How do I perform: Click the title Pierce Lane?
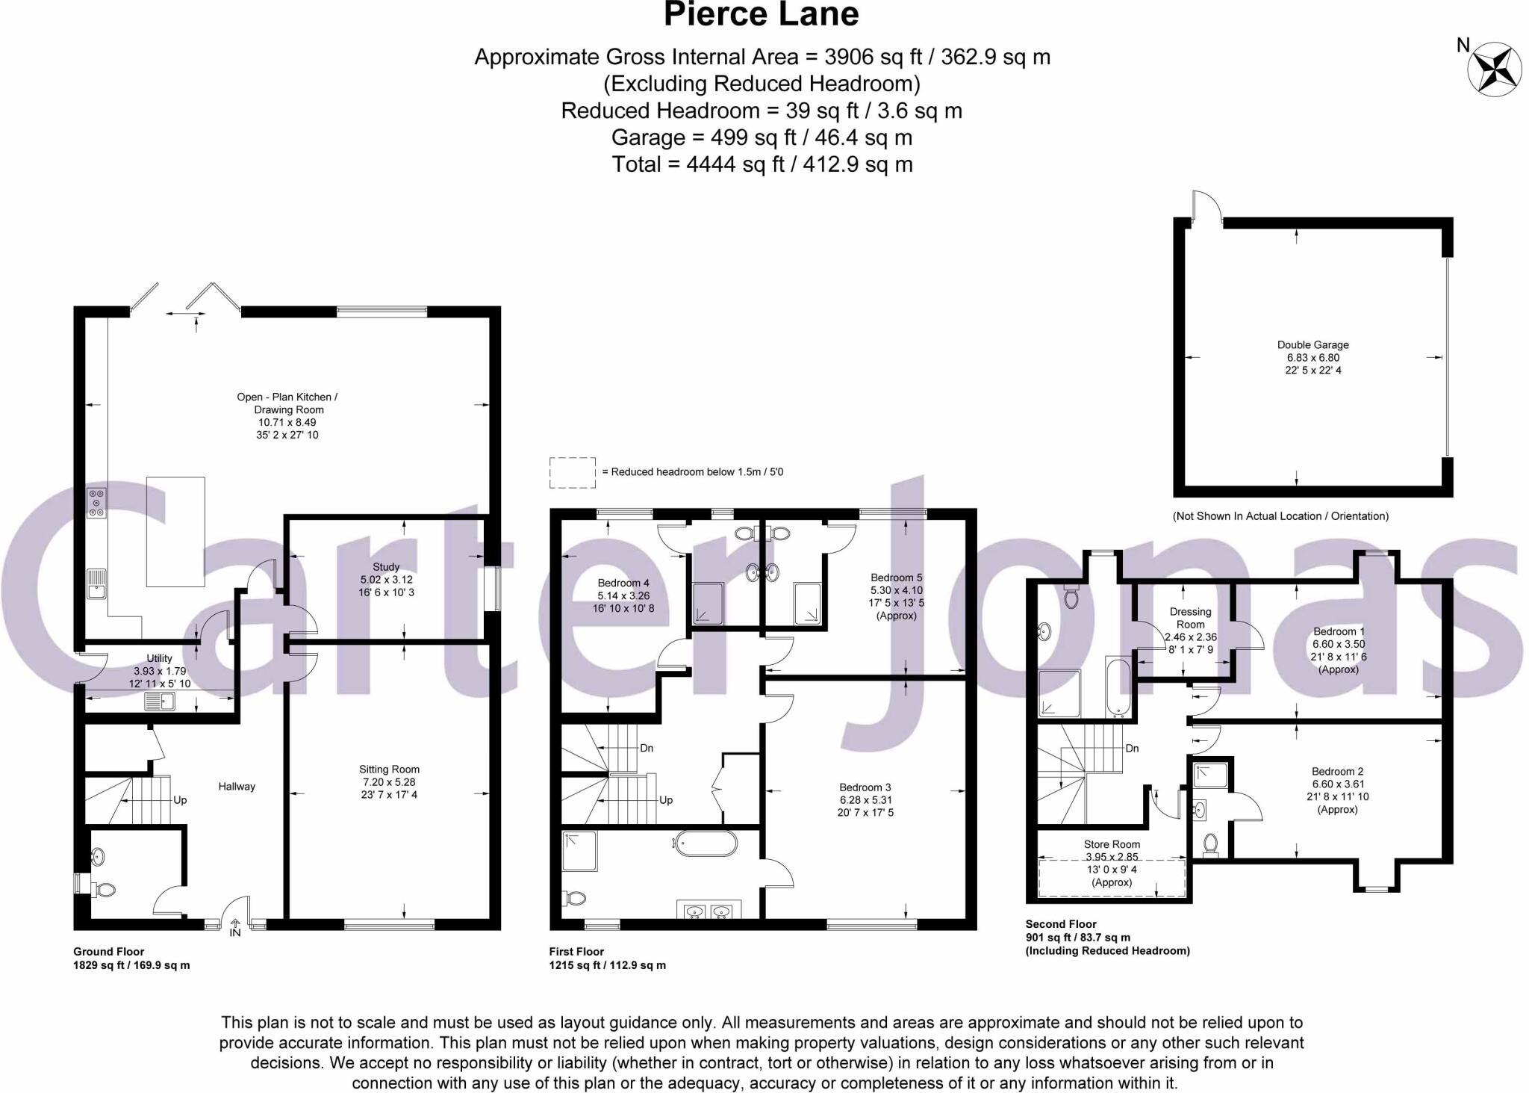tap(761, 14)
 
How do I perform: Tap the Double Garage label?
tap(1312, 345)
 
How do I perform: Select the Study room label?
tap(386, 567)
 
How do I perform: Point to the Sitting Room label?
tap(389, 770)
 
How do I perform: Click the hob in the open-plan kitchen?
tap(97, 503)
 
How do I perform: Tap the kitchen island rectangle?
tap(175, 531)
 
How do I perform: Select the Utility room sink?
tap(159, 702)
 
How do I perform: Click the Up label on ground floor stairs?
tap(180, 800)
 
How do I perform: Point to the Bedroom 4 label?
tap(623, 583)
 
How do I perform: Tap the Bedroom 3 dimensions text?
tap(865, 806)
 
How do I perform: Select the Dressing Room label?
tap(1190, 618)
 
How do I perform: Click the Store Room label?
tap(1112, 844)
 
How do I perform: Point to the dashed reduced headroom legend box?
tap(573, 472)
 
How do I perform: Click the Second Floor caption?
tap(1061, 924)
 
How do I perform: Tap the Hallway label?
tap(237, 787)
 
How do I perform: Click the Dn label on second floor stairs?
tap(1132, 749)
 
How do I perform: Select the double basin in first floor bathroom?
tap(709, 911)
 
